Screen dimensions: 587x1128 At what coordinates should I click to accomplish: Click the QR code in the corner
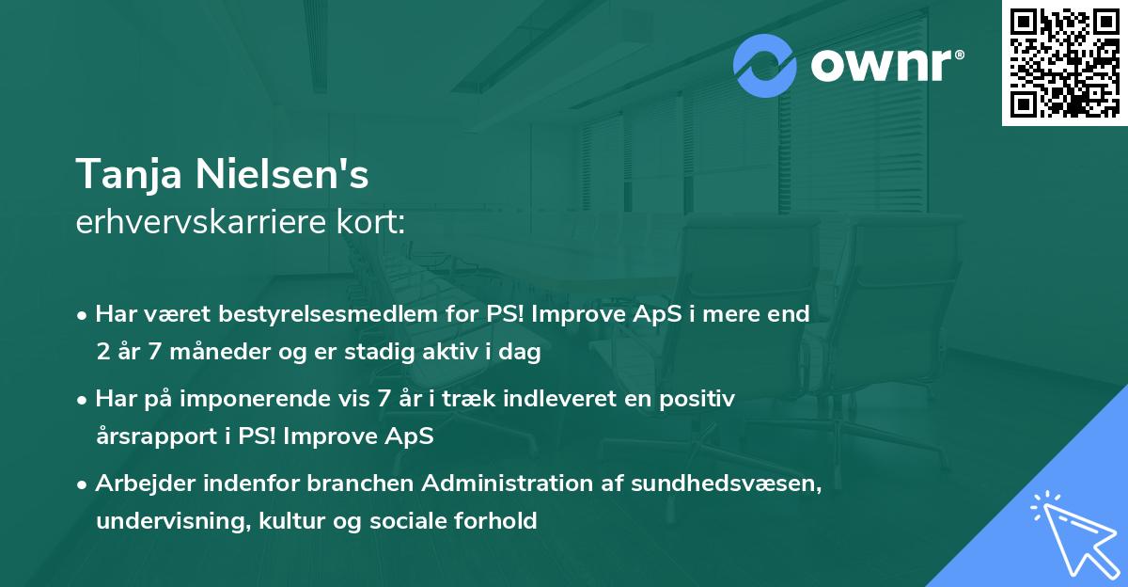(1064, 63)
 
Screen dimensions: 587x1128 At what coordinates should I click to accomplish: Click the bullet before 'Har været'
(85, 315)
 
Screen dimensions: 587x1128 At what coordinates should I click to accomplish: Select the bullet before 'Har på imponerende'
(85, 400)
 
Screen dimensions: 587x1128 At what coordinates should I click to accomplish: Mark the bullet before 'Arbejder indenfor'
(85, 484)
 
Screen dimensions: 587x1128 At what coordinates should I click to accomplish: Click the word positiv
(698, 399)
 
